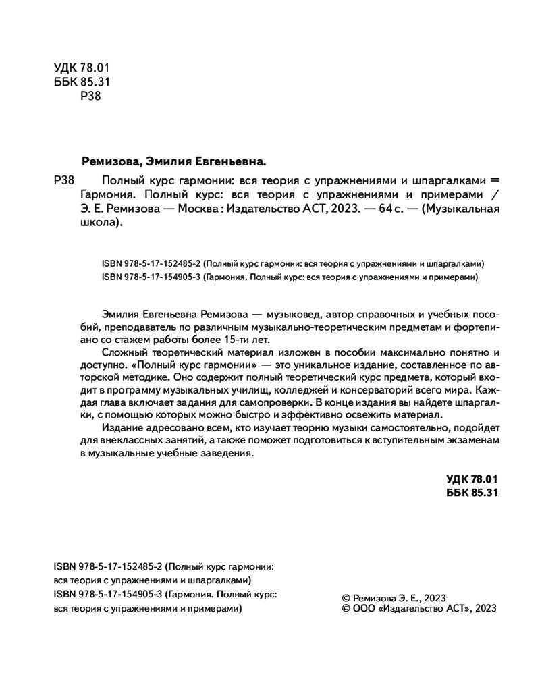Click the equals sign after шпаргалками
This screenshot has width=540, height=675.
[x=495, y=180]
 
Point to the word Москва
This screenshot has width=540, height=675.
[x=196, y=209]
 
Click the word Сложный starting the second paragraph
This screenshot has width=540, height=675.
[x=123, y=354]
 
